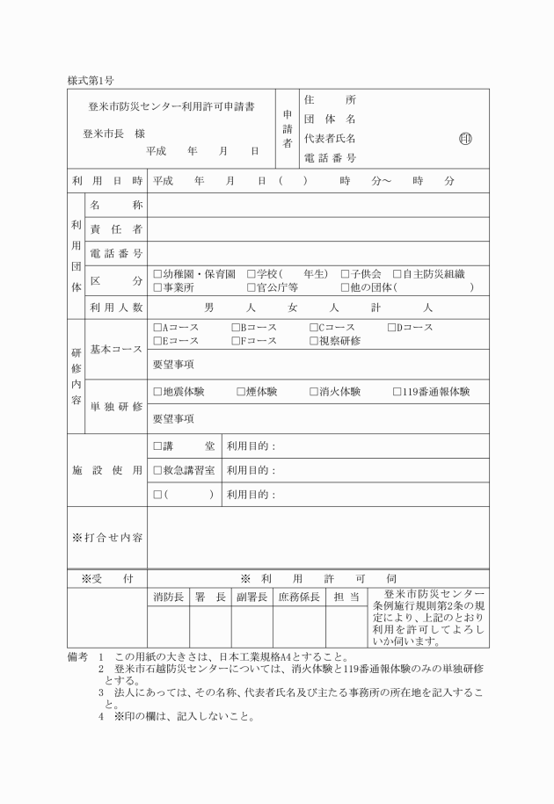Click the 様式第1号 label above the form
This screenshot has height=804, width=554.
pos(91,81)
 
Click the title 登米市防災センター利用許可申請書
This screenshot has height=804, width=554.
pos(171,107)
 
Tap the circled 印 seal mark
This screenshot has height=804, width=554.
pos(464,138)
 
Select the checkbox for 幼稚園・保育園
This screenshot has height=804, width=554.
pos(157,274)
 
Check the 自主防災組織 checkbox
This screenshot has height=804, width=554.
pos(397,274)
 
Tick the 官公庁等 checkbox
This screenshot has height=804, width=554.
pos(251,286)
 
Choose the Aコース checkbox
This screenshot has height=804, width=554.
pos(157,328)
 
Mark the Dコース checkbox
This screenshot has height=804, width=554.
pos(392,328)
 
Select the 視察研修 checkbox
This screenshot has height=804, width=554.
pos(314,340)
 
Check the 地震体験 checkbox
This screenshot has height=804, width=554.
pos(157,392)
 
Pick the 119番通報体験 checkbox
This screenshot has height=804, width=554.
pos(397,392)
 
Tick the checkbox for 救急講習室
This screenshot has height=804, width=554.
pos(157,470)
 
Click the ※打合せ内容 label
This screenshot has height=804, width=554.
pos(107,536)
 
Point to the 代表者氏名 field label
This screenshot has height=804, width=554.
pos(330,138)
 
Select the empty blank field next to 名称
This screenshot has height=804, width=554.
pos(317,206)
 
